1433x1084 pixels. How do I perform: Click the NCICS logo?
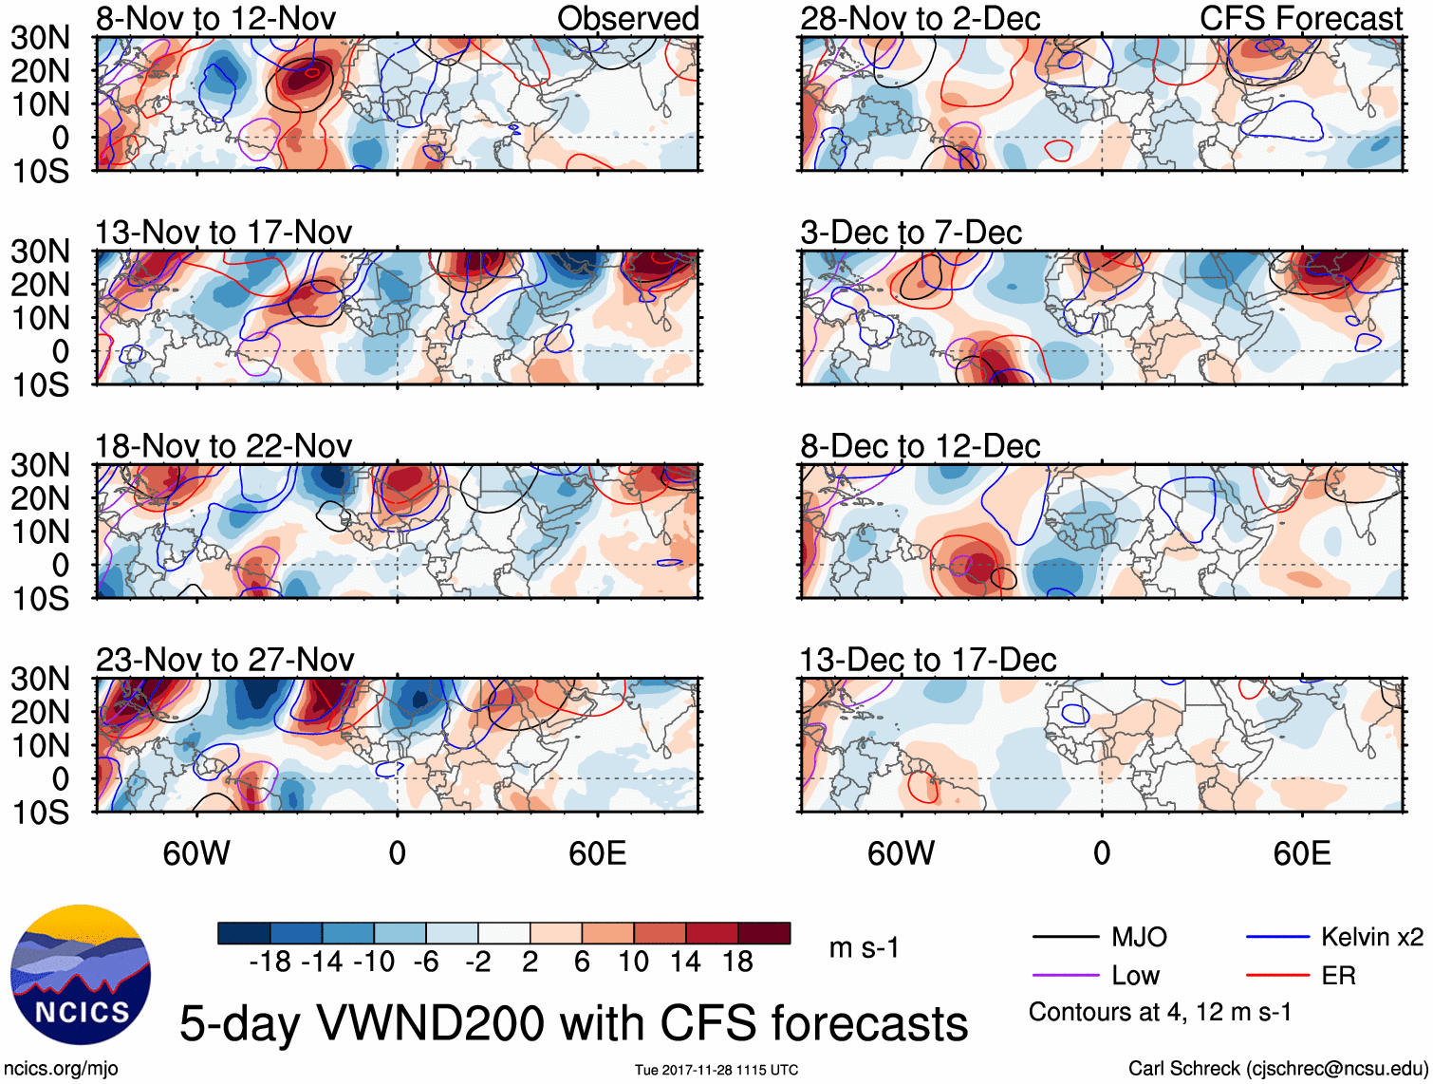(81, 975)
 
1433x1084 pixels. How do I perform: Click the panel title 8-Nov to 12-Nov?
(215, 18)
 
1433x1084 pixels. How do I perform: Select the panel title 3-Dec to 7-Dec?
(911, 233)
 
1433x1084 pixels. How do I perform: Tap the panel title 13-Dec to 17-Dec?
(927, 660)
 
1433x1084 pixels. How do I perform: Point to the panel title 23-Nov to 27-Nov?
(225, 660)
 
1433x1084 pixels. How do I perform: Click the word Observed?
(627, 18)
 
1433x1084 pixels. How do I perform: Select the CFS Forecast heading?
(1300, 18)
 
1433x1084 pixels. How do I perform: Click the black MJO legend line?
(1066, 938)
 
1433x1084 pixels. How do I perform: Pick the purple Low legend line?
(1066, 976)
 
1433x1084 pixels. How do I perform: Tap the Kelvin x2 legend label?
(1371, 938)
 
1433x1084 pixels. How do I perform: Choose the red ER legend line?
(1277, 976)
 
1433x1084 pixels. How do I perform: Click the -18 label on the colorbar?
(270, 963)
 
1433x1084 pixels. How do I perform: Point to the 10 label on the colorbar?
(633, 963)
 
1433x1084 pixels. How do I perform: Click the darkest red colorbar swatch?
(764, 933)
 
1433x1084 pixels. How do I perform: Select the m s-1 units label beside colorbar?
(864, 947)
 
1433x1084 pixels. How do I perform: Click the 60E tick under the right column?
(1301, 853)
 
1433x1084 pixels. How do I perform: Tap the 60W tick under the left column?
(196, 853)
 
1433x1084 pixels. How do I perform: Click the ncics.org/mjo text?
(61, 1069)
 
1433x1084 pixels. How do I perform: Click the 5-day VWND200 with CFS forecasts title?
(573, 1023)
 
